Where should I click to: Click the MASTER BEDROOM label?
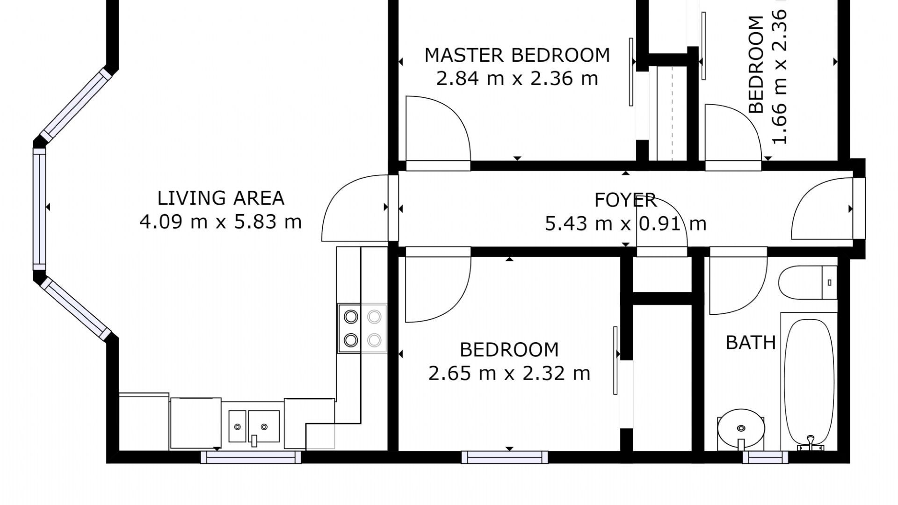pos(517,55)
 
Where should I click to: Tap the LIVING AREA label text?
pos(221,198)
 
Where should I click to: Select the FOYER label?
pos(625,200)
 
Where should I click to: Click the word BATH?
pos(751,343)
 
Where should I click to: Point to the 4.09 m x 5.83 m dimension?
pos(221,222)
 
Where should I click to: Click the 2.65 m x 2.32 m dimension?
pos(509,373)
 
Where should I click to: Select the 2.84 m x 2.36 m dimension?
pos(517,78)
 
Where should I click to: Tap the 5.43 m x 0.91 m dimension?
pos(625,224)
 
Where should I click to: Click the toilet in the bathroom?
pos(808,282)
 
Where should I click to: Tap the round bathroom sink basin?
pos(741,429)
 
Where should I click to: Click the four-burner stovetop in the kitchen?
pos(362,328)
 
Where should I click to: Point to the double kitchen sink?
pos(254,426)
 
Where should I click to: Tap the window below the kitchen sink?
pos(251,457)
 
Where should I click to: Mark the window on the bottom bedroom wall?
pos(504,457)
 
